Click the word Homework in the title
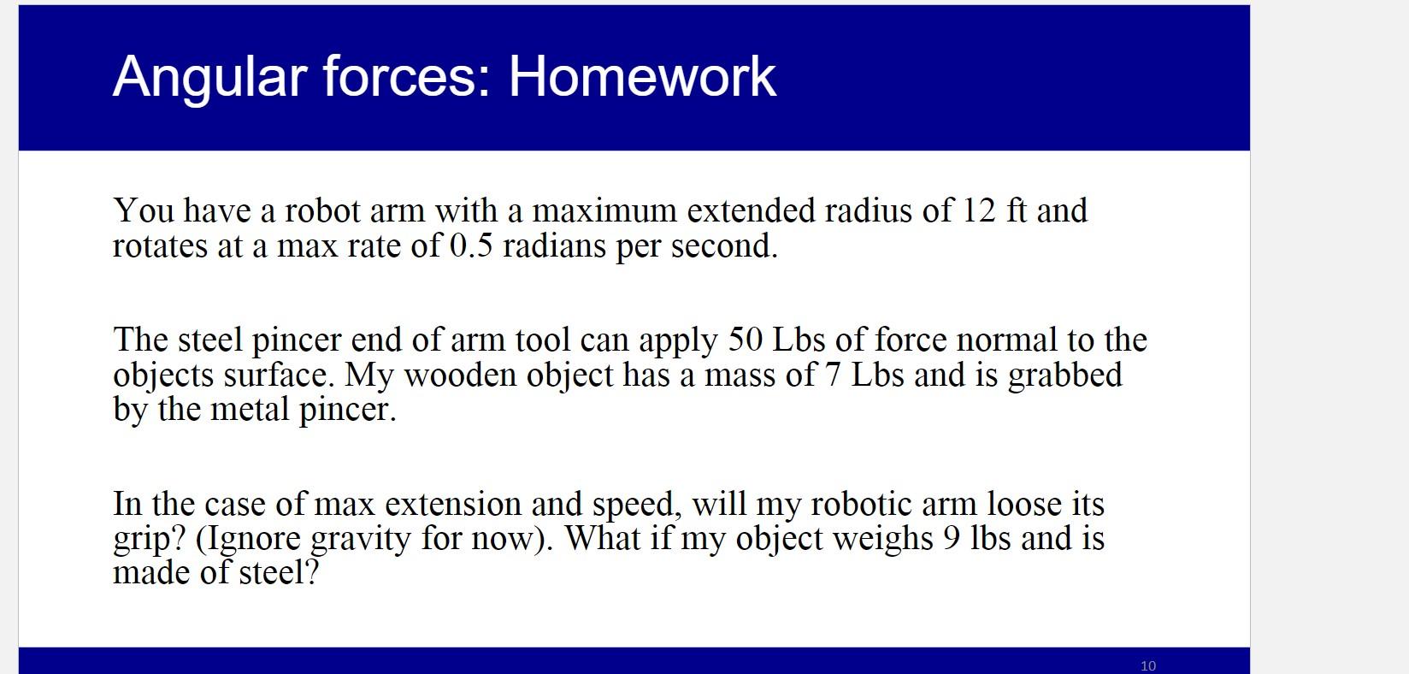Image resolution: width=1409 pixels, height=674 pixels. coord(642,76)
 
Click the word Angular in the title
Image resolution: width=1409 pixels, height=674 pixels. coord(210,80)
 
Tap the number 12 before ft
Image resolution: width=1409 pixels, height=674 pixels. coord(980,210)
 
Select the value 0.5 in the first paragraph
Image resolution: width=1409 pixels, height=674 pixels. coord(471,245)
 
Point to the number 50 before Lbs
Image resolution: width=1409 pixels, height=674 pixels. coord(746,340)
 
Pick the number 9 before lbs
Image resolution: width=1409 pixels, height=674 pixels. coord(952,539)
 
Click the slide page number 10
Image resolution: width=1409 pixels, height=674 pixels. coord(1148,665)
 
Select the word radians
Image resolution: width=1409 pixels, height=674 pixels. coord(554,245)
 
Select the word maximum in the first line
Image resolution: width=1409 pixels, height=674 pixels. coord(604,210)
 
